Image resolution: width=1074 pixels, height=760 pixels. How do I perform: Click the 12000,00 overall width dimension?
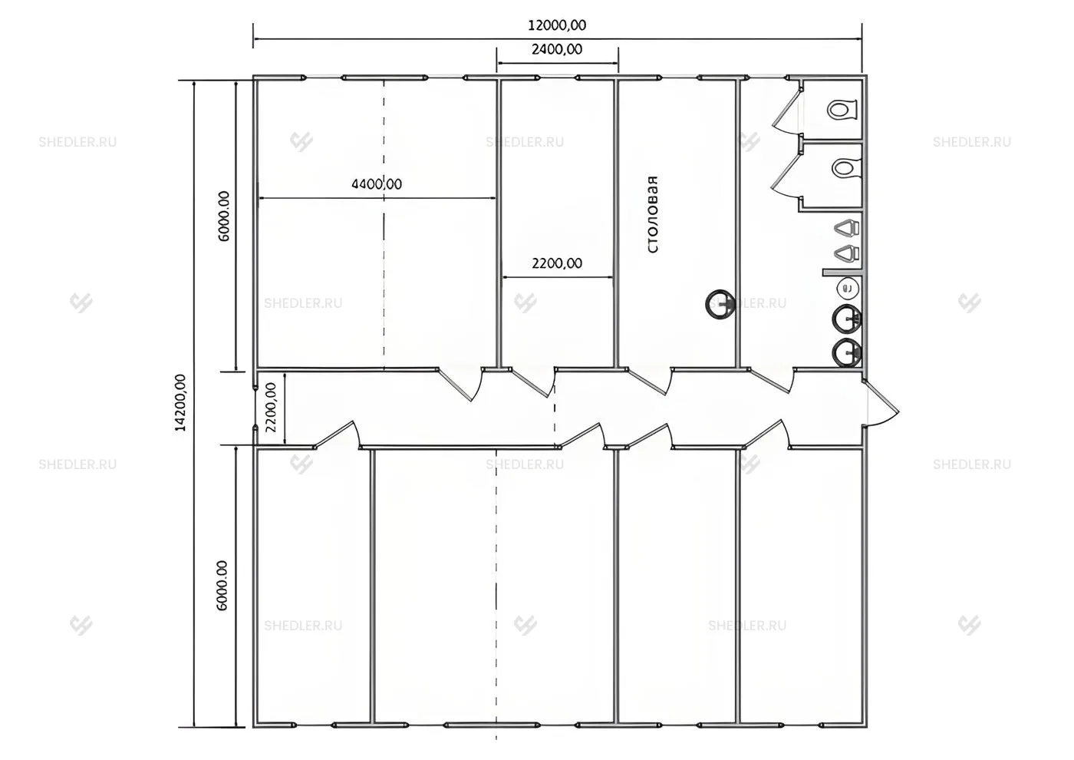pos(557,25)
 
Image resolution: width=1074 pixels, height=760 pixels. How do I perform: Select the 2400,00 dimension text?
pos(557,49)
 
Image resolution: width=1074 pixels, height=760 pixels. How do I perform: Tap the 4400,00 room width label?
pos(377,183)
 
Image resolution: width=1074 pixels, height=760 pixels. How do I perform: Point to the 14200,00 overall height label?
pos(180,402)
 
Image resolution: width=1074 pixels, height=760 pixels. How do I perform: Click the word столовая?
pos(653,214)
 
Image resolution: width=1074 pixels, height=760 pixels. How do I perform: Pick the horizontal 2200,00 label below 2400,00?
pos(557,263)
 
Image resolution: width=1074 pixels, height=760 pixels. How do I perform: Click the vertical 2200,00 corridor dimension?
pos(271,407)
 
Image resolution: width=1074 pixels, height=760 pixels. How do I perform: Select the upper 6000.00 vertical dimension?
pos(224,216)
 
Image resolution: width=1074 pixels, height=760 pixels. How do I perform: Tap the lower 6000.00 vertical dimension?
pos(222,585)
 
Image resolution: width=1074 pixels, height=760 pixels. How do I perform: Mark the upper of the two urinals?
pos(847,227)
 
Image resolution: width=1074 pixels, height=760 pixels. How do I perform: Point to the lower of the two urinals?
pos(847,253)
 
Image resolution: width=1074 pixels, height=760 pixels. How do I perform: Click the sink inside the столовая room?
pos(720,304)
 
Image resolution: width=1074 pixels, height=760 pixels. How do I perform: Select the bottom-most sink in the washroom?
pos(847,354)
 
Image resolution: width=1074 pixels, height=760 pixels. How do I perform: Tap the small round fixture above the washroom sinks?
pos(848,288)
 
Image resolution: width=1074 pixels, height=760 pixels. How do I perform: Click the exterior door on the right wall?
pos(881,402)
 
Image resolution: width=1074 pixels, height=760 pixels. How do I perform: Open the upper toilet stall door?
pos(786,110)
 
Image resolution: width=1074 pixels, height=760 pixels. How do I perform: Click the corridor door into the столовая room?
pos(651,382)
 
